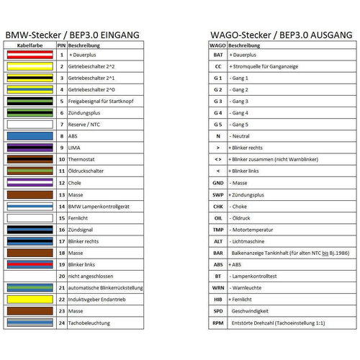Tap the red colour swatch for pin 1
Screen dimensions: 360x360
click(30, 55)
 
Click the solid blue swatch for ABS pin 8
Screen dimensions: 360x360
click(30, 135)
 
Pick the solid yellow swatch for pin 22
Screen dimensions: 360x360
click(30, 300)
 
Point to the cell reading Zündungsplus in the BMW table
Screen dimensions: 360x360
click(86, 112)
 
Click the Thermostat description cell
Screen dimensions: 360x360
click(84, 159)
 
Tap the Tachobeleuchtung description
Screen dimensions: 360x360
click(90, 323)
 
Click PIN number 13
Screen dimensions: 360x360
click(62, 194)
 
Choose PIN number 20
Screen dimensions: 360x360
click(62, 276)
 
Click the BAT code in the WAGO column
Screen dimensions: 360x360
click(217, 55)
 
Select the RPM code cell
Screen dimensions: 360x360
click(217, 323)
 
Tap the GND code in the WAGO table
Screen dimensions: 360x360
click(217, 183)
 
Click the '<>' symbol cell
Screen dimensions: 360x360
click(217, 159)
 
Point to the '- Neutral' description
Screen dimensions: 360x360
click(241, 136)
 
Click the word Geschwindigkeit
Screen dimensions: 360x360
click(253, 311)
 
